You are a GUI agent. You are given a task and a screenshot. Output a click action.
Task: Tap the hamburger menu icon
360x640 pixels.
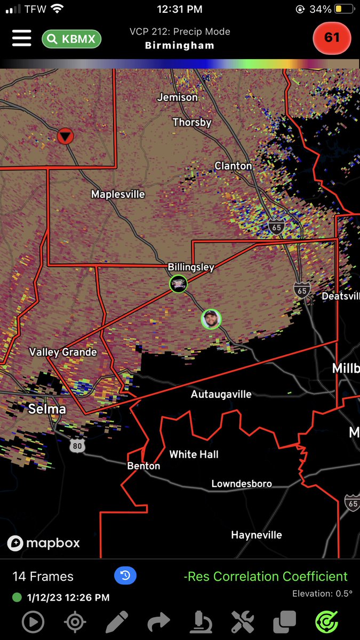click(x=21, y=38)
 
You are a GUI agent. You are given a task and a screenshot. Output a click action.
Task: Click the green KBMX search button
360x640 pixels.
click(x=71, y=38)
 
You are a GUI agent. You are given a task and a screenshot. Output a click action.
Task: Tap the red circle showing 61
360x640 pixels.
click(x=332, y=38)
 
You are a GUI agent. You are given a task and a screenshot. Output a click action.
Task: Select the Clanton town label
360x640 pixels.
click(x=233, y=166)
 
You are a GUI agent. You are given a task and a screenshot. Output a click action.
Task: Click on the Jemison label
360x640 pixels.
click(x=178, y=97)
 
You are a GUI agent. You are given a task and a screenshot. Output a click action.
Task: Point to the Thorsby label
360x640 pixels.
click(x=192, y=122)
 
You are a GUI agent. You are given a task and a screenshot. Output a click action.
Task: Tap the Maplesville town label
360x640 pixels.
click(x=118, y=194)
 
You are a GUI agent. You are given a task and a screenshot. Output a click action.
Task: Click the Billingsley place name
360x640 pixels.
click(x=191, y=267)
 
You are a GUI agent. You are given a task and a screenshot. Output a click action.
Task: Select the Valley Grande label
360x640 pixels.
click(x=63, y=352)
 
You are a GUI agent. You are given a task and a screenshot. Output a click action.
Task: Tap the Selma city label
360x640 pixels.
click(x=47, y=409)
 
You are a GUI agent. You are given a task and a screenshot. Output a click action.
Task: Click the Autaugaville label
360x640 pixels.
click(x=221, y=395)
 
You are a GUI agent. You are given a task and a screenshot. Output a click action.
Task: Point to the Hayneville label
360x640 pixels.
click(x=257, y=535)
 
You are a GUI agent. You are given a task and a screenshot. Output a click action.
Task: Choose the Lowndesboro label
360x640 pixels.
click(x=242, y=484)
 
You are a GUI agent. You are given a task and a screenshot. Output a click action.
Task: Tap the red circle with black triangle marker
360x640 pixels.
click(x=65, y=136)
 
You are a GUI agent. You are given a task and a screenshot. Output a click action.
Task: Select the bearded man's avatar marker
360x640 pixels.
click(x=211, y=319)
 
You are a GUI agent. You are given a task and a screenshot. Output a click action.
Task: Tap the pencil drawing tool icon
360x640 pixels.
click(x=117, y=622)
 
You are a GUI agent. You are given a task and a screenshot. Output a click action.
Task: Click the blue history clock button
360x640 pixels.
click(x=125, y=575)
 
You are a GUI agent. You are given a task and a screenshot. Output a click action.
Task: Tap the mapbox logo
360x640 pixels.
click(x=44, y=543)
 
